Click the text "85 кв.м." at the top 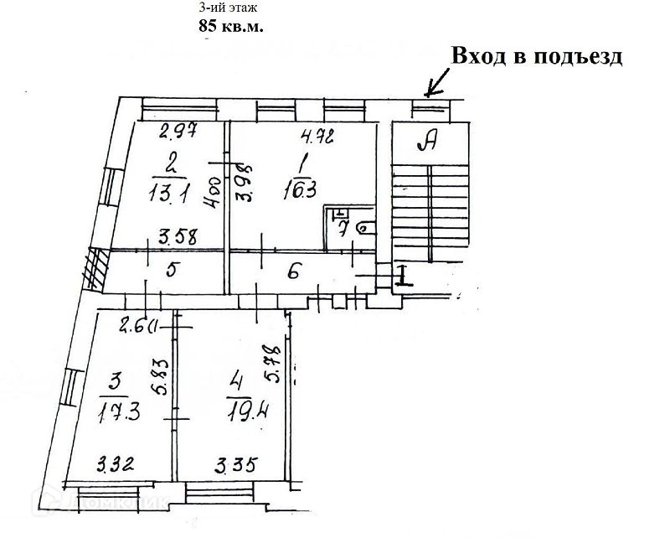[x=230, y=26]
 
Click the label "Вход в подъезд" [x=537, y=56]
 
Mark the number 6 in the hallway [x=293, y=271]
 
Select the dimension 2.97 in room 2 [x=178, y=131]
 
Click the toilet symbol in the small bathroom [x=365, y=227]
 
